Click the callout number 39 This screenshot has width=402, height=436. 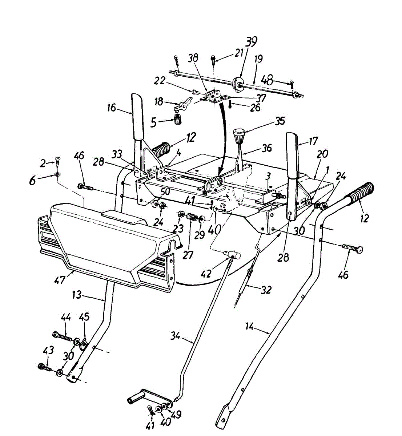(x=250, y=42)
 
